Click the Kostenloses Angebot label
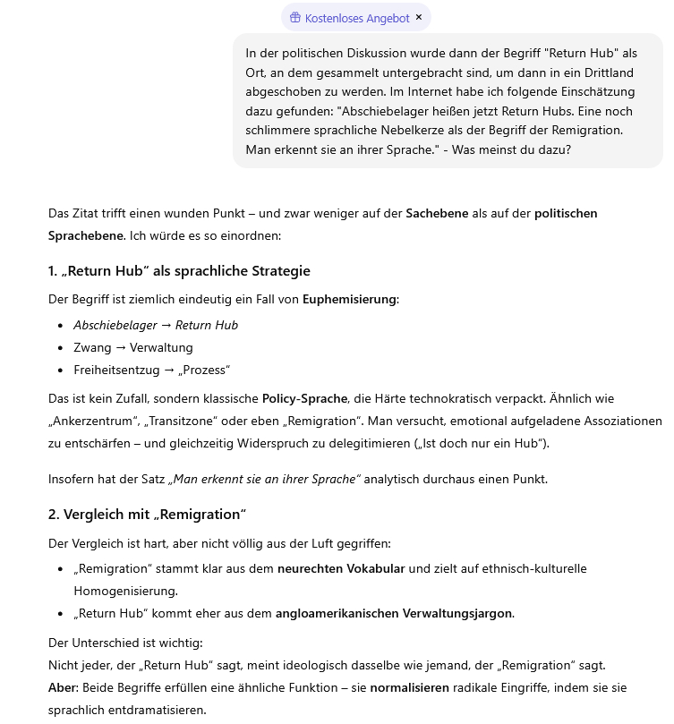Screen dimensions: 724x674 tap(357, 18)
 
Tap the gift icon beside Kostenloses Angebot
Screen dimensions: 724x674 tap(294, 18)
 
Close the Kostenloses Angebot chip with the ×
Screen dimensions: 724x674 tap(419, 17)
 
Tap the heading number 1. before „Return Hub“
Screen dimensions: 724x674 tap(54, 271)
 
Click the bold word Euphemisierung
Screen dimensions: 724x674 tap(349, 299)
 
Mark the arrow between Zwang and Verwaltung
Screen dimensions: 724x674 tap(120, 347)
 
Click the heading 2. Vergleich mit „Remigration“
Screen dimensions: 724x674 tap(147, 514)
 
